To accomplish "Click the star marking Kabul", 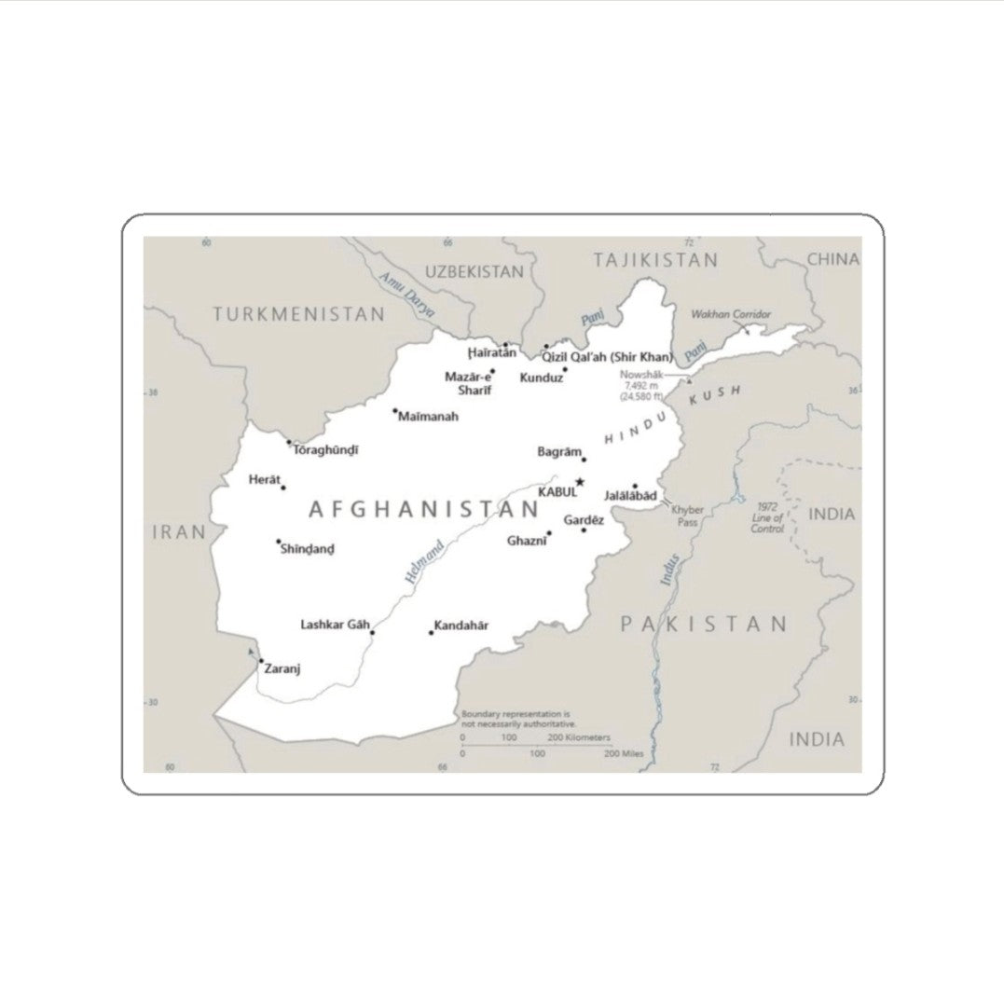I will [580, 482].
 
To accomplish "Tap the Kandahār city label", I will [461, 626].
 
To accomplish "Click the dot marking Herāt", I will [283, 488].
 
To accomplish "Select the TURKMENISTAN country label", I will [298, 314].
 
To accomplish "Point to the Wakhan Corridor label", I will [731, 314].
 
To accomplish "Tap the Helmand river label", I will [424, 561].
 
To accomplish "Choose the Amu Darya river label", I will [407, 296].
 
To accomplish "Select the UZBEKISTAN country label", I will [474, 271].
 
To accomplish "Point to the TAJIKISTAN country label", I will [655, 260].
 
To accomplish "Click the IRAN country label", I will [179, 532].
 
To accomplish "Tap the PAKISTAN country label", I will [705, 624].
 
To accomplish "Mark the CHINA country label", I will [832, 259].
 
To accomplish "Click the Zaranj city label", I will [282, 668].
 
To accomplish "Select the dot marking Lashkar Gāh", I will [372, 633].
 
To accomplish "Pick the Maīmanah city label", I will [428, 417].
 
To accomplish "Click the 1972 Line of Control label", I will [768, 517].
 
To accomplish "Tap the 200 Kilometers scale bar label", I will [580, 737].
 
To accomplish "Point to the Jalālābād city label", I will [630, 495].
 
